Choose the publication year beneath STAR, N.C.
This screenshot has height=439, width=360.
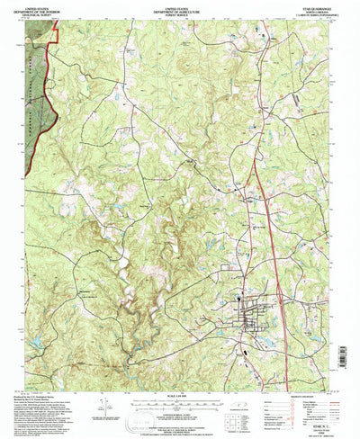[x=306, y=426]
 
